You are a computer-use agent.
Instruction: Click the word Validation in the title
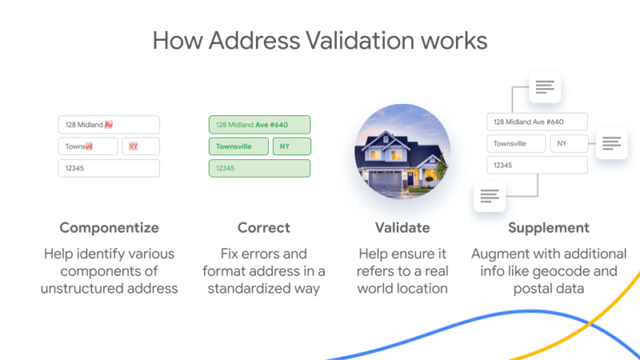coord(360,41)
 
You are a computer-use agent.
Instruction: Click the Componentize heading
coord(109,228)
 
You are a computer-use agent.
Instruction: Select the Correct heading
coord(264,228)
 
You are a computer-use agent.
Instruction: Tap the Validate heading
coord(402,228)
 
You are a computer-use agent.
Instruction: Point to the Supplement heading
coord(549,228)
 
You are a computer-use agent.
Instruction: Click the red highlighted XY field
coord(141,146)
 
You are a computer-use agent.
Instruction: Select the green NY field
coord(292,146)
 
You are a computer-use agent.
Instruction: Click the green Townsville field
coord(238,146)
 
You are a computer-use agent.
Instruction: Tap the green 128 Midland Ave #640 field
coord(259,125)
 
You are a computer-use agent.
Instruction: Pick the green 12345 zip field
coord(259,168)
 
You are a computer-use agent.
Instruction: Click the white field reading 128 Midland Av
coord(109,125)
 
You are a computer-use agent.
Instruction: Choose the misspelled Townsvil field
coord(88,146)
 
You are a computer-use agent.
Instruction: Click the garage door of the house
coord(385,179)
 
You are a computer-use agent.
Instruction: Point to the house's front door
coord(410,178)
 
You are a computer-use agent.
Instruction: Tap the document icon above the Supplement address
coord(545,87)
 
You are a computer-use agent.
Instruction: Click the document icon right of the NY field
coord(611,143)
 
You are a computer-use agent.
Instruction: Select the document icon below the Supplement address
coord(490,196)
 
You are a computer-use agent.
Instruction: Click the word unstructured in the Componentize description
coord(82,289)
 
